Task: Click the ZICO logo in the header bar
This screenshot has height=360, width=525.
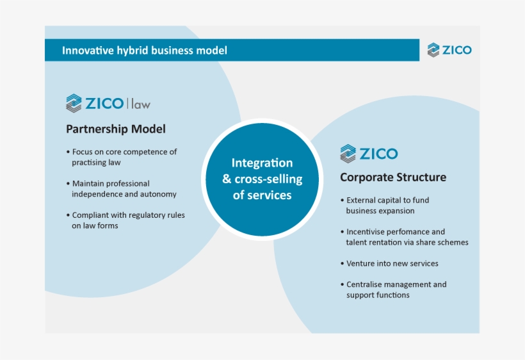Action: click(x=449, y=50)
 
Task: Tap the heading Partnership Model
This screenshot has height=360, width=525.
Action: click(x=116, y=129)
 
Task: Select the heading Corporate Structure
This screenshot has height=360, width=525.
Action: click(x=393, y=177)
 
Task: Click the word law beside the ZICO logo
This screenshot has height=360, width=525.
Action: click(x=141, y=103)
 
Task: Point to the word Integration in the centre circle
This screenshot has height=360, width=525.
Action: click(x=262, y=163)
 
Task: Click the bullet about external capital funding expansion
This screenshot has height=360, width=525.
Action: click(x=385, y=205)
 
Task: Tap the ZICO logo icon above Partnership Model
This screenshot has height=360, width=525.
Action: click(x=74, y=103)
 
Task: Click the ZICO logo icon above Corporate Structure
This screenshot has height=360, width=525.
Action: click(x=348, y=154)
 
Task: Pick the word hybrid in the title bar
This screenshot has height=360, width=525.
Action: click(x=133, y=50)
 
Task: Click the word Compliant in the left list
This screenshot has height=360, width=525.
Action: click(x=90, y=215)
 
